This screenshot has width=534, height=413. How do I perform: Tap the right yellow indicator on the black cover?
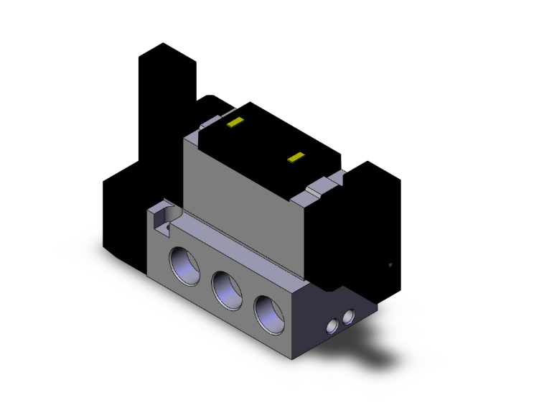pyautogui.click(x=295, y=157)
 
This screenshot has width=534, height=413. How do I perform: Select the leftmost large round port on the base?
pyautogui.click(x=182, y=262)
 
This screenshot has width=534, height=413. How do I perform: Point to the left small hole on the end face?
pyautogui.click(x=332, y=327)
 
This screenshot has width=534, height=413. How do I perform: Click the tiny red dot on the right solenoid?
pyautogui.click(x=390, y=265)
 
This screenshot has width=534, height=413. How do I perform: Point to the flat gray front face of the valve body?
pyautogui.click(x=244, y=194)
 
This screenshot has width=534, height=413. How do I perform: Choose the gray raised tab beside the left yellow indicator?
pyautogui.click(x=198, y=132)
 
